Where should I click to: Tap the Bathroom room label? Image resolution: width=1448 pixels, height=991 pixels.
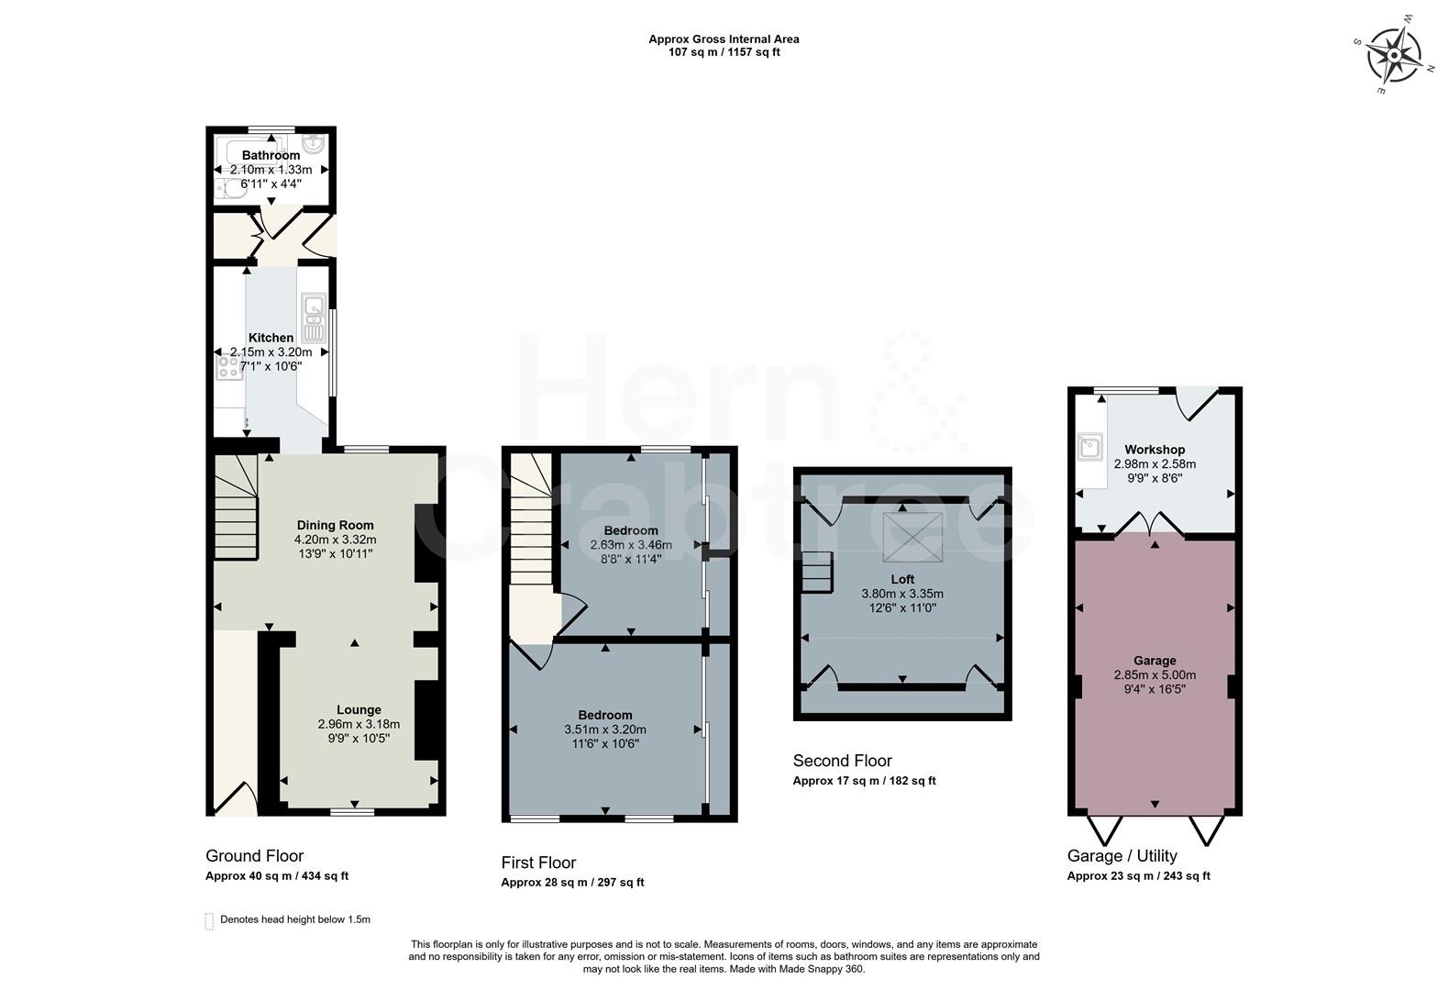[271, 156]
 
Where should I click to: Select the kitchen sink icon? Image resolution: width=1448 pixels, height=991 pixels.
[314, 317]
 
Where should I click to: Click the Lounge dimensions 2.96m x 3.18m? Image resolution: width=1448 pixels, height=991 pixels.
[359, 724]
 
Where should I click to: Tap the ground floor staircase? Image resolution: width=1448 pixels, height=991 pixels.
[237, 505]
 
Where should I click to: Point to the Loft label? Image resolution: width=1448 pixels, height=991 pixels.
[902, 579]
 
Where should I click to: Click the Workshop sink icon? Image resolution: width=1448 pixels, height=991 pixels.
[1090, 448]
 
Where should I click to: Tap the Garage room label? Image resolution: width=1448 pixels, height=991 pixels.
[1155, 661]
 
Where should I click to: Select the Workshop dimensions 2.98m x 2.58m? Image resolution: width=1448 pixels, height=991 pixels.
[1155, 464]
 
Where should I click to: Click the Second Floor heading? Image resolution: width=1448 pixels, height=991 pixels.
[842, 761]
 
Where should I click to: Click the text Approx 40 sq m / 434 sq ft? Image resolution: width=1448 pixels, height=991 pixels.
[277, 876]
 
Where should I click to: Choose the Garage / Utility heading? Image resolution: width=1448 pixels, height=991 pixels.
[1122, 856]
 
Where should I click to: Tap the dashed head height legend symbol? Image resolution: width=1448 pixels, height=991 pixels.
[209, 920]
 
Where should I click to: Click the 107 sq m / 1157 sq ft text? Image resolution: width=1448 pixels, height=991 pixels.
[724, 52]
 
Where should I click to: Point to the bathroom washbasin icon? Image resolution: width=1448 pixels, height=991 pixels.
[314, 145]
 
